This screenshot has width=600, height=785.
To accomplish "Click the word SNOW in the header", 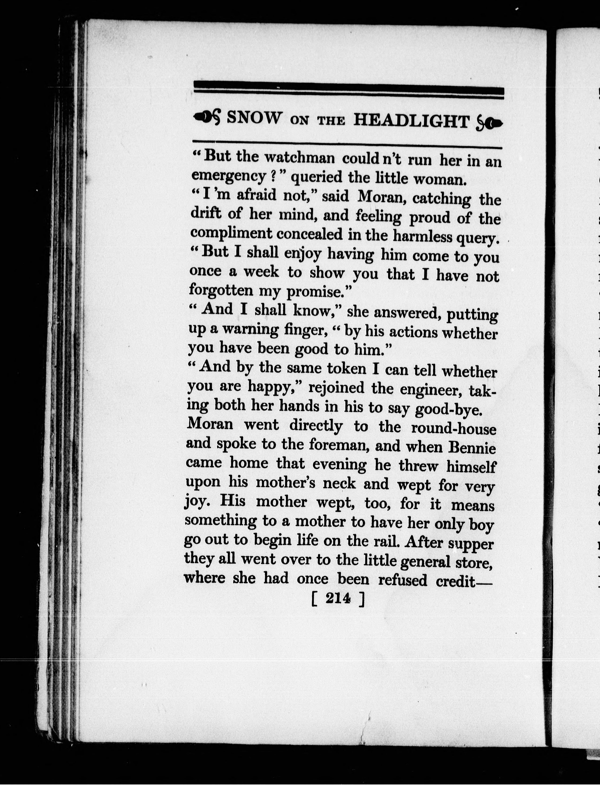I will pyautogui.click(x=254, y=118).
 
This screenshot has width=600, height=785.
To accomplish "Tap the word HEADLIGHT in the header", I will pyautogui.click(x=411, y=121).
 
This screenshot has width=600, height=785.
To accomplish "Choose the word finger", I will pyautogui.click(x=306, y=330).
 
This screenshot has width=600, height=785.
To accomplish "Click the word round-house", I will pyautogui.click(x=454, y=428).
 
